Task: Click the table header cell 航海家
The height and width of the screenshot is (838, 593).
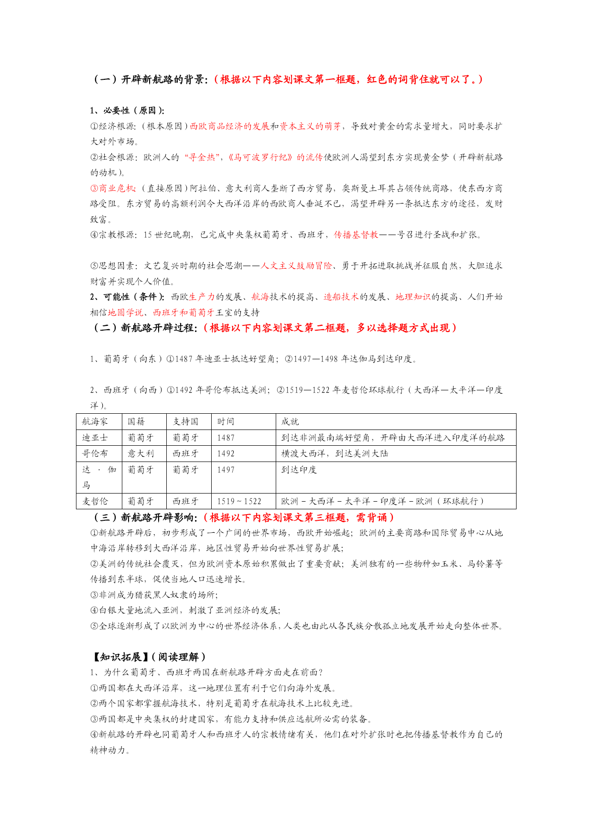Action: pos(95,421)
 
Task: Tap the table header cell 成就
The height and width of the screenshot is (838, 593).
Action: pos(290,421)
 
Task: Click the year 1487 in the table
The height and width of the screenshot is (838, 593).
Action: pos(226,438)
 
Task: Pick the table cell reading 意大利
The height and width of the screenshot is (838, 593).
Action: pos(140,453)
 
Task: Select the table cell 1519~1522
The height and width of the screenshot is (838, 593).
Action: pos(239,501)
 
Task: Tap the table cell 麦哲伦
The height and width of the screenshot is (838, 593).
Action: pos(95,501)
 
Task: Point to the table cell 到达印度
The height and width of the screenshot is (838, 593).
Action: pos(299,470)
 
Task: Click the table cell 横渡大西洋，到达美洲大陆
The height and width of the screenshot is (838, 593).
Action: pos(334,453)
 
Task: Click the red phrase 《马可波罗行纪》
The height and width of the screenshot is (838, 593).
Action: pos(260,157)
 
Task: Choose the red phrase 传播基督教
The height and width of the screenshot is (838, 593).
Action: pos(356,235)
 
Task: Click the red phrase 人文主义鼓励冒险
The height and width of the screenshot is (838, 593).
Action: pos(296,266)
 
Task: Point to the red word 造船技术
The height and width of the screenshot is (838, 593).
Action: pos(341,297)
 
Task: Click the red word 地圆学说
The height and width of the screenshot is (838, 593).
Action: pos(125,312)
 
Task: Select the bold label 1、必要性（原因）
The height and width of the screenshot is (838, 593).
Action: pos(127,110)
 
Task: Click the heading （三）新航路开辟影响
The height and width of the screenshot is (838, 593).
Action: pos(144,517)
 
